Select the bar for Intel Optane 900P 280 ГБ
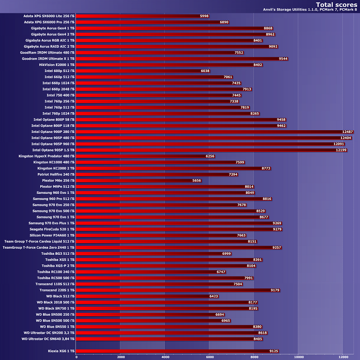pyautogui.click(x=208, y=132)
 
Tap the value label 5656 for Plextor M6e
pyautogui.click(x=197, y=180)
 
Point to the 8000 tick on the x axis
pyautogui.click(x=253, y=357)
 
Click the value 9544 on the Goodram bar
pyautogui.click(x=283, y=59)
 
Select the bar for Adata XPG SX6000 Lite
pyautogui.click(x=138, y=16)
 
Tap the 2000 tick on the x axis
pyautogui.click(x=120, y=357)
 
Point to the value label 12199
pyautogui.click(x=341, y=150)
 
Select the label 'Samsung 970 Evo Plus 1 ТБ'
pyautogui.click(x=51, y=223)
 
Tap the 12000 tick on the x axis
pyautogui.click(x=342, y=357)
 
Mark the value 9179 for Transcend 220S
pyautogui.click(x=275, y=290)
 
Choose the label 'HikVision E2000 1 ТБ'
pyautogui.click(x=57, y=65)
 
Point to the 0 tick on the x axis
pyautogui.click(x=76, y=357)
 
